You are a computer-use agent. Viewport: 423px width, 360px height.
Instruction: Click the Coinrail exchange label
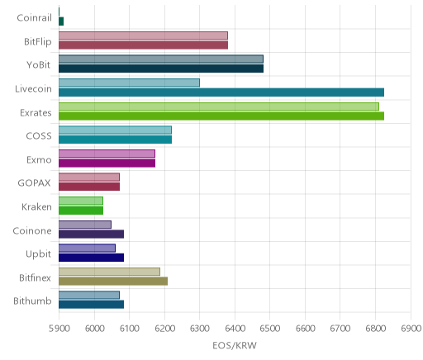(x=35, y=18)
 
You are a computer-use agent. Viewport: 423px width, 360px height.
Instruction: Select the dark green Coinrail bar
(x=61, y=21)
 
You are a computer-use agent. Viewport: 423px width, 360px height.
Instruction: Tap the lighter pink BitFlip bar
(x=143, y=36)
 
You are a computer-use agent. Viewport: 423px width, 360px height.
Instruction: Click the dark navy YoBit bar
(x=161, y=69)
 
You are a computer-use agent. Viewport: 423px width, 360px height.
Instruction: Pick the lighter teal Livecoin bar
(x=129, y=83)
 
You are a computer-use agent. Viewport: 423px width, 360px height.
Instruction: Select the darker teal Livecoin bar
(x=221, y=92)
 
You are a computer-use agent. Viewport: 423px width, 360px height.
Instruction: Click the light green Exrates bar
(x=219, y=107)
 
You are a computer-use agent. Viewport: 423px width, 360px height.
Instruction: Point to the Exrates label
(x=36, y=113)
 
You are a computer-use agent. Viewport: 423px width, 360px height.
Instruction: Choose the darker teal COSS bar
(x=115, y=140)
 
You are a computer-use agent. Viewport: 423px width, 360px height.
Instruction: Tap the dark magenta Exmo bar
(x=107, y=163)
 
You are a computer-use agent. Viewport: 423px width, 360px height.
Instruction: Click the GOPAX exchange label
(x=35, y=183)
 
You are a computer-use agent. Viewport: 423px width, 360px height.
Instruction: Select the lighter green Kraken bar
(x=81, y=201)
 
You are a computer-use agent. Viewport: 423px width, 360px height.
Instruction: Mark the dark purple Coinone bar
(x=91, y=234)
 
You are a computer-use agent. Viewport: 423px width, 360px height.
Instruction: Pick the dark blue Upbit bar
(x=91, y=258)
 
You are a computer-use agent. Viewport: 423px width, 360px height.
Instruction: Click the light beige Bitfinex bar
(x=109, y=272)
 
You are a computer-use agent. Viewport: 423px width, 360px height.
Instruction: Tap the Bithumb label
(x=32, y=301)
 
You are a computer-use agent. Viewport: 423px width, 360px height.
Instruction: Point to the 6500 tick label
(x=270, y=329)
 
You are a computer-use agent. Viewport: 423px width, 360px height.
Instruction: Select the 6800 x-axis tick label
(x=375, y=329)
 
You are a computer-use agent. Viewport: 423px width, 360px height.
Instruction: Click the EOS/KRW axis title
(x=235, y=345)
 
